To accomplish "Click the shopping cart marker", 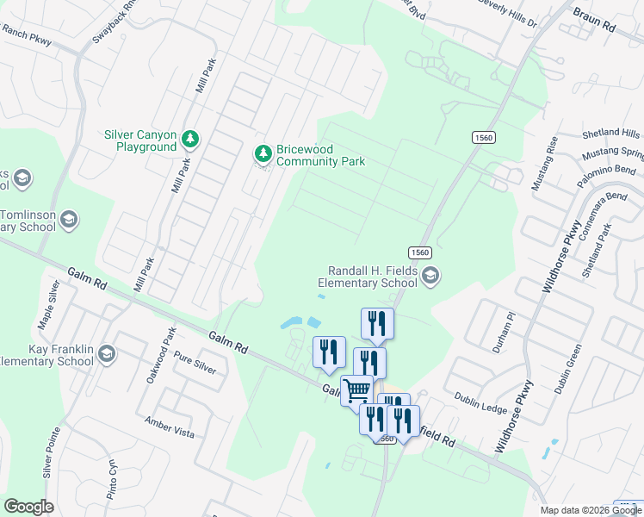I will coord(356,389).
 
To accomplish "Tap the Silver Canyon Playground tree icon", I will coord(190,139).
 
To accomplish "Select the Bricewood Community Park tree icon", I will coord(263,154).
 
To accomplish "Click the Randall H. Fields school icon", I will coord(431,276).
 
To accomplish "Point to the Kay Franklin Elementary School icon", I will coord(106,353).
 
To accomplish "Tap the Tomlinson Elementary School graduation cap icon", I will coord(69,221).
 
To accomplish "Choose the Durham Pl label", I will coord(504,332).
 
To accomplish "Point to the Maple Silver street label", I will coord(50,304).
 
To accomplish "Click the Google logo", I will coord(28,507).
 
